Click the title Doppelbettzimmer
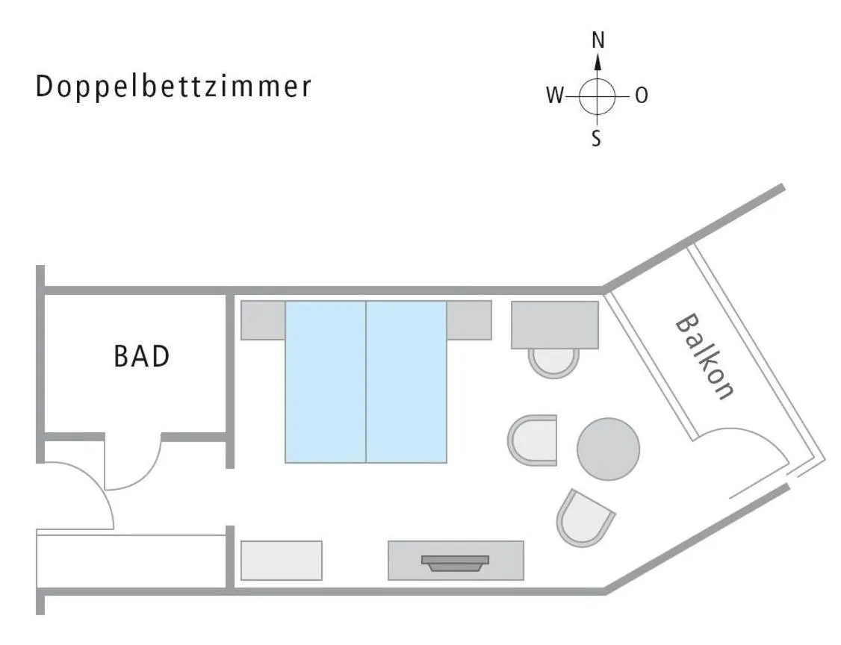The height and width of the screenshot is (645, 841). pos(173,87)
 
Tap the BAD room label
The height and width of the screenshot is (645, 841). pos(141,356)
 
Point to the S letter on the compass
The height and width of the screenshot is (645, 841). pos(596,138)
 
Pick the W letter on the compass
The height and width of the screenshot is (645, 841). pos(554,96)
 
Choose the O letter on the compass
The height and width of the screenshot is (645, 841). pos(641,96)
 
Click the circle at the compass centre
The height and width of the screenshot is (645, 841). pos(597,96)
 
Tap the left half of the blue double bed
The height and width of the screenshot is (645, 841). pos(326,381)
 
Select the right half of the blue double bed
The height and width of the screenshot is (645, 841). pos(406,381)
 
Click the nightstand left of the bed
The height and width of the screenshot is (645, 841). pos(263,320)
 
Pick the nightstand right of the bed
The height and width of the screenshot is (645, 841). pos(469,320)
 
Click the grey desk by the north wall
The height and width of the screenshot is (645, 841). pos(554,324)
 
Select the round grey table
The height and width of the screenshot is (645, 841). pos(608,449)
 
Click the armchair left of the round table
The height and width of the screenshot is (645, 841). pos(534,440)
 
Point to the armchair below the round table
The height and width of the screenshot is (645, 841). pos(584,517)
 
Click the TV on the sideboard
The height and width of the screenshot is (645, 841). pos(455,562)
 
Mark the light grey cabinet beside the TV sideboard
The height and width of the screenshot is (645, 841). pos(282,560)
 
